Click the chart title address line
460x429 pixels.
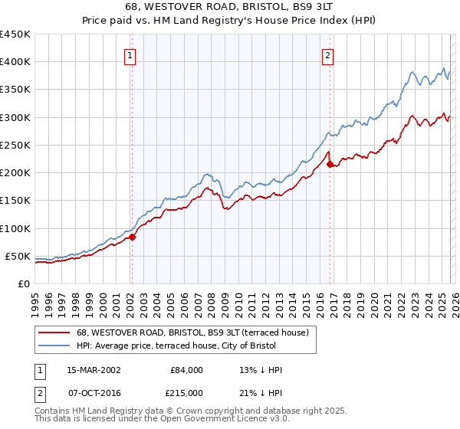pos(229,6)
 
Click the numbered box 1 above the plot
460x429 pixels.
pos(130,55)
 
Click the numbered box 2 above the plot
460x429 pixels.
pos(327,55)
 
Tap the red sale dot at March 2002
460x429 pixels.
pos(132,237)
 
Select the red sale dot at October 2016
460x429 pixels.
pos(330,164)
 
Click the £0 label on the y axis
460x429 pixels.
pos(24,283)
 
